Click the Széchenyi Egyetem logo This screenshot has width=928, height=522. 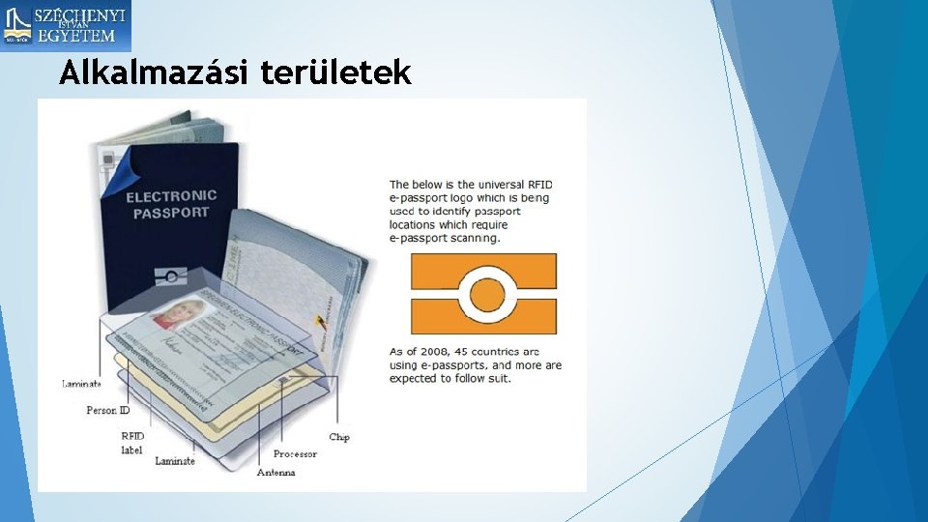click(x=66, y=26)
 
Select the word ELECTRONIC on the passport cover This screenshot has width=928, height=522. click(x=171, y=196)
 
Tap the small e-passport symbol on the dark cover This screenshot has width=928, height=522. click(x=170, y=276)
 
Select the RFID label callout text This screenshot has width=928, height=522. click(x=132, y=443)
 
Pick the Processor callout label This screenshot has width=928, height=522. click(x=295, y=453)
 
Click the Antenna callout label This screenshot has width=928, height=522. click(x=276, y=473)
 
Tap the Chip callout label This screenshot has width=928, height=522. click(x=339, y=437)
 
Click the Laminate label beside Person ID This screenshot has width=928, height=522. click(x=82, y=384)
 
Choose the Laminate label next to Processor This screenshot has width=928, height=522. click(x=175, y=461)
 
